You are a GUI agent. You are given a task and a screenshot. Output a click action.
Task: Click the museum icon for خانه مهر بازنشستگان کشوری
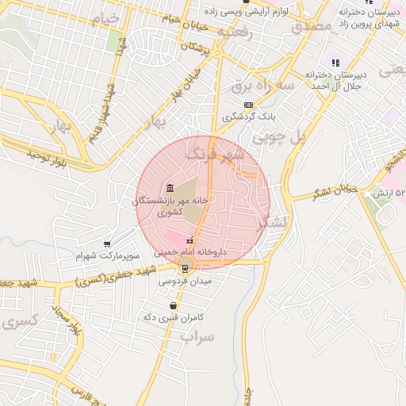(x=171, y=188)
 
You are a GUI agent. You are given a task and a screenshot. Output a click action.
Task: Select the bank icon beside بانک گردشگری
(x=248, y=105)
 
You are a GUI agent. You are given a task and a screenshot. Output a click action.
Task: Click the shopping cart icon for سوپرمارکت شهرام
(x=107, y=244)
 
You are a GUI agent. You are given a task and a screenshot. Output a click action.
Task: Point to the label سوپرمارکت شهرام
(x=108, y=257)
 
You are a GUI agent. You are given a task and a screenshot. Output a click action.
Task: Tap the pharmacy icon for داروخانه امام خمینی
(x=189, y=240)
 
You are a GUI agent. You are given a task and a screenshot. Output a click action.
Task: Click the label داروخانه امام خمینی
(x=190, y=251)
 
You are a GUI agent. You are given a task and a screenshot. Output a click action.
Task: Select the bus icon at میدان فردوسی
(x=186, y=268)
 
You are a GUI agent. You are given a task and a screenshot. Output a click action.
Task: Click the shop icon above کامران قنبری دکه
(x=173, y=305)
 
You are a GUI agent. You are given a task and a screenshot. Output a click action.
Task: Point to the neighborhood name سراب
(x=197, y=336)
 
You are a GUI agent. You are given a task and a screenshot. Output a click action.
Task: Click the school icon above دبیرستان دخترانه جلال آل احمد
(x=335, y=63)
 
